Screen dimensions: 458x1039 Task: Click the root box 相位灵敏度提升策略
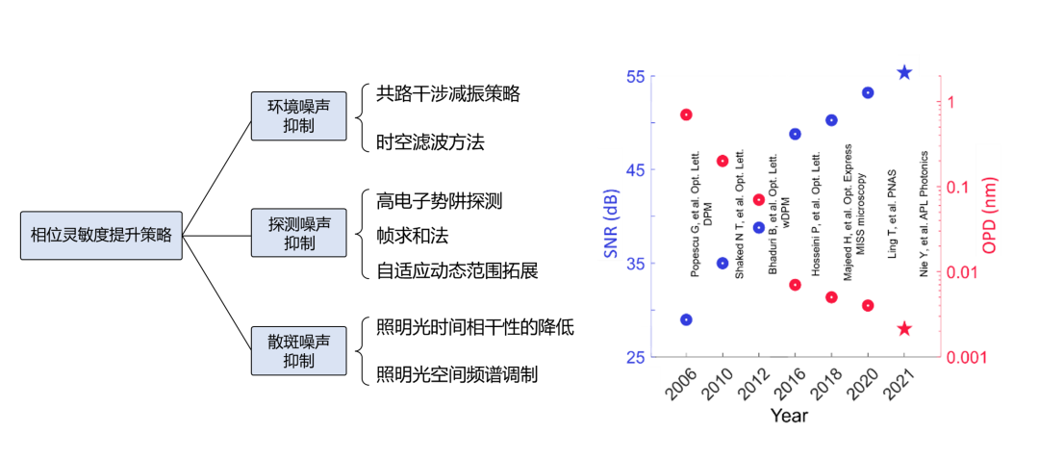tap(101, 234)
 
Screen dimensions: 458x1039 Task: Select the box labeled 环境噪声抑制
tap(298, 115)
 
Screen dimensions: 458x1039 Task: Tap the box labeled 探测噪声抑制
tap(298, 233)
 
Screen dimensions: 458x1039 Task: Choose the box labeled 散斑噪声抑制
tap(298, 351)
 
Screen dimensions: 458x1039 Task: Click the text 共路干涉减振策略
tap(447, 93)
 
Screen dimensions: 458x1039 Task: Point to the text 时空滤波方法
tap(429, 142)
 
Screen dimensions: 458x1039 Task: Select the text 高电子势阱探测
tap(439, 201)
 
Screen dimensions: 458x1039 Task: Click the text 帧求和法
tap(412, 236)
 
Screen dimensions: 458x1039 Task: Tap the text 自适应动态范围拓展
tap(456, 270)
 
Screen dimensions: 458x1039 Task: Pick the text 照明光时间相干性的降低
tap(474, 328)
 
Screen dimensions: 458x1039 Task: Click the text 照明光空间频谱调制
tap(456, 374)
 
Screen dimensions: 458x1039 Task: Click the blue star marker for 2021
tap(904, 72)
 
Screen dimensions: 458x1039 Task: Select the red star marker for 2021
tap(904, 329)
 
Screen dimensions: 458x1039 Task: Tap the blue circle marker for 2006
tap(686, 319)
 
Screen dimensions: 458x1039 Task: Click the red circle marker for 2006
tap(686, 114)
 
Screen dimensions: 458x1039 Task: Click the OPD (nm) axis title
tap(990, 216)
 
